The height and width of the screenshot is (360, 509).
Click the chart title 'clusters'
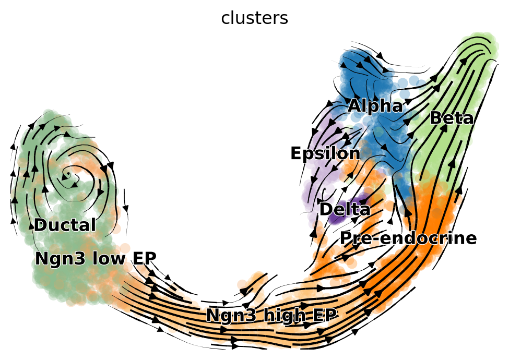tap(255, 18)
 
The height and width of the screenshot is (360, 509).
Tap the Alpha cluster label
tap(375, 106)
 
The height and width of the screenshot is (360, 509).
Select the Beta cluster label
tap(452, 118)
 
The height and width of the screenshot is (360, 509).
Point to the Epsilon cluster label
tap(325, 154)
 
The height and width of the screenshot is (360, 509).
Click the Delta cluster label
tap(345, 209)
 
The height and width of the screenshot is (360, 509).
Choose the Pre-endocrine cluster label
tap(408, 238)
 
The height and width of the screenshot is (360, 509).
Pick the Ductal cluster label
tap(65, 225)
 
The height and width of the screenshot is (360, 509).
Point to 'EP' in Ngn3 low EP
tap(144, 258)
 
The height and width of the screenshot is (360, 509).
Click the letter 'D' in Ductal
tap(41, 225)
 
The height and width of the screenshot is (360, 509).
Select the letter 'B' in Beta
tap(435, 118)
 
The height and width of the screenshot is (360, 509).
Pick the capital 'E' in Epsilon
tap(296, 153)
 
